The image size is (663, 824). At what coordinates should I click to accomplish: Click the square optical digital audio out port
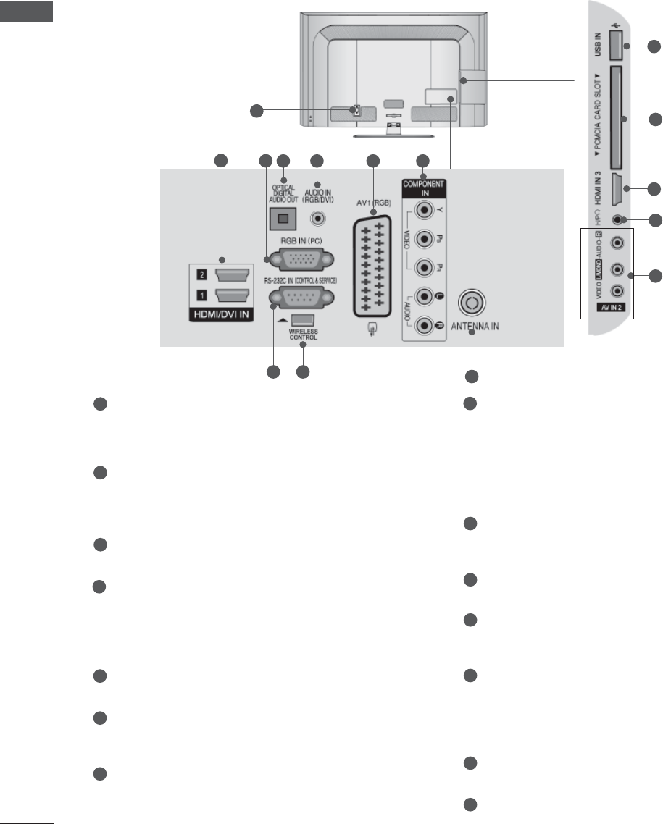click(281, 217)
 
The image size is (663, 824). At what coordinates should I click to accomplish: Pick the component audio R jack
click(422, 327)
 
